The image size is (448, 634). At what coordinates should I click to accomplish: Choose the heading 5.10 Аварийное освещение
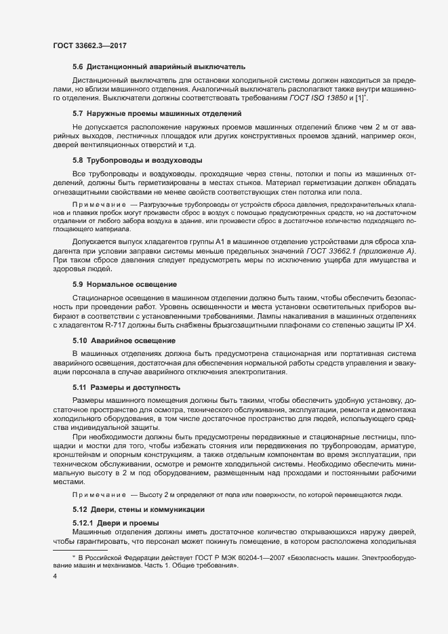[x=124, y=340]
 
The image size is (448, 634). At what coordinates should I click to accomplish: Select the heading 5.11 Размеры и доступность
[x=126, y=387]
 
